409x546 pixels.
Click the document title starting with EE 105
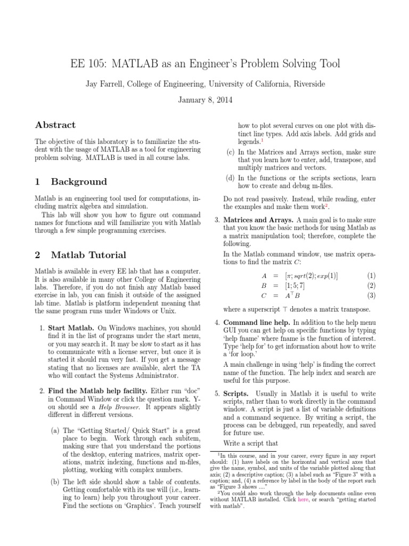pos(205,64)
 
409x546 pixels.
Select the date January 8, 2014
pos(205,100)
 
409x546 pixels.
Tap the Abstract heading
pos(55,125)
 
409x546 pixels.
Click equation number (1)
pos(371,276)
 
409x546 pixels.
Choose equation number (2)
pos(371,285)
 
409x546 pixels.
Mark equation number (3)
pos(371,295)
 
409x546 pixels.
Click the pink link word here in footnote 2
pos(347,499)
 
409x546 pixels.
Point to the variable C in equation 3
pos(264,295)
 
